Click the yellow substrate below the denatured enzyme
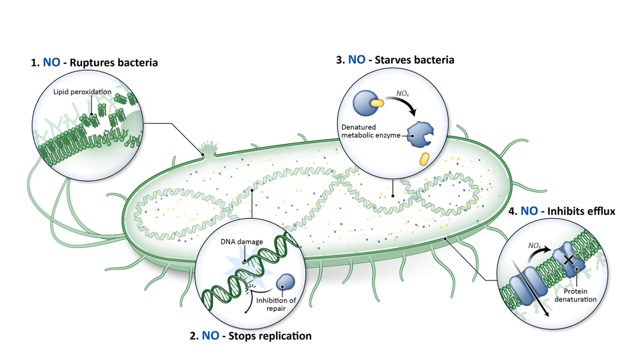point(424,159)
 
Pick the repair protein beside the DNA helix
point(285,282)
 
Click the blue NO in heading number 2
point(210,336)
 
